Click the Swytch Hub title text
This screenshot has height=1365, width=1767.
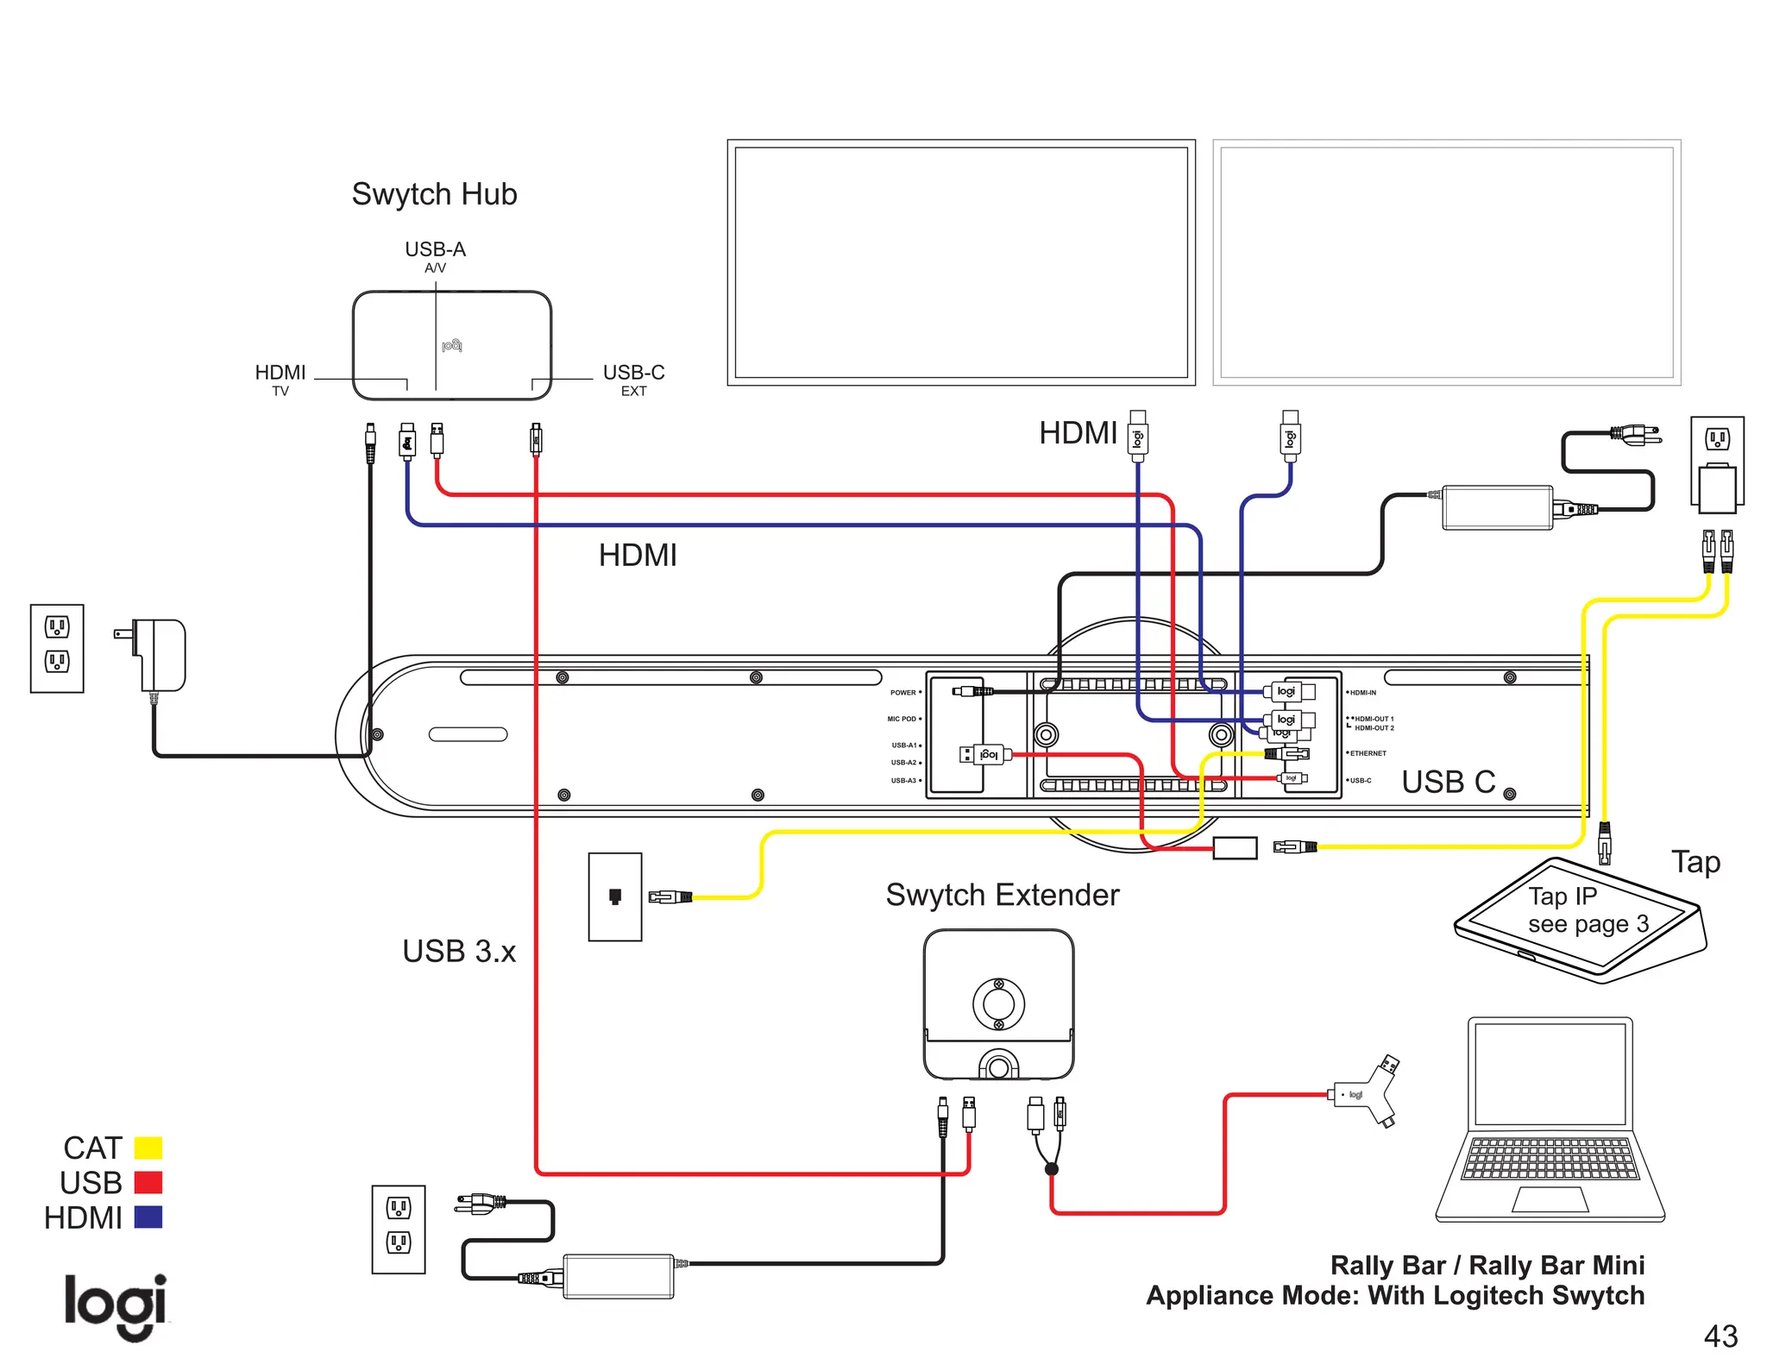434,194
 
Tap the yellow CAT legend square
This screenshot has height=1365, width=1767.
148,1148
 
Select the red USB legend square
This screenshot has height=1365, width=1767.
148,1182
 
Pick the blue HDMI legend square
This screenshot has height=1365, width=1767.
148,1217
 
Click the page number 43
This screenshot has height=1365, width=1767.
1720,1336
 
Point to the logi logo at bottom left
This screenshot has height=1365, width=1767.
116,1305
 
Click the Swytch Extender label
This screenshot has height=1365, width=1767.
1002,895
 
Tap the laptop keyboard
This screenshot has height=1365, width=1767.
1550,1159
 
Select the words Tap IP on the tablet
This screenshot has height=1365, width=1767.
1562,896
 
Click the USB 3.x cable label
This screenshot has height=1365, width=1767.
459,951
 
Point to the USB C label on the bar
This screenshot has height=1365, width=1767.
1448,782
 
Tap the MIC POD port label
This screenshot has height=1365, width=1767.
902,719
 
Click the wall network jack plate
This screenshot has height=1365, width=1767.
615,896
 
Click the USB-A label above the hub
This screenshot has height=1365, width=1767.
435,249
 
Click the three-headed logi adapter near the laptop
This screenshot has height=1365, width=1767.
1365,1093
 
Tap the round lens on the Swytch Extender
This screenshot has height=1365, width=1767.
998,1003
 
